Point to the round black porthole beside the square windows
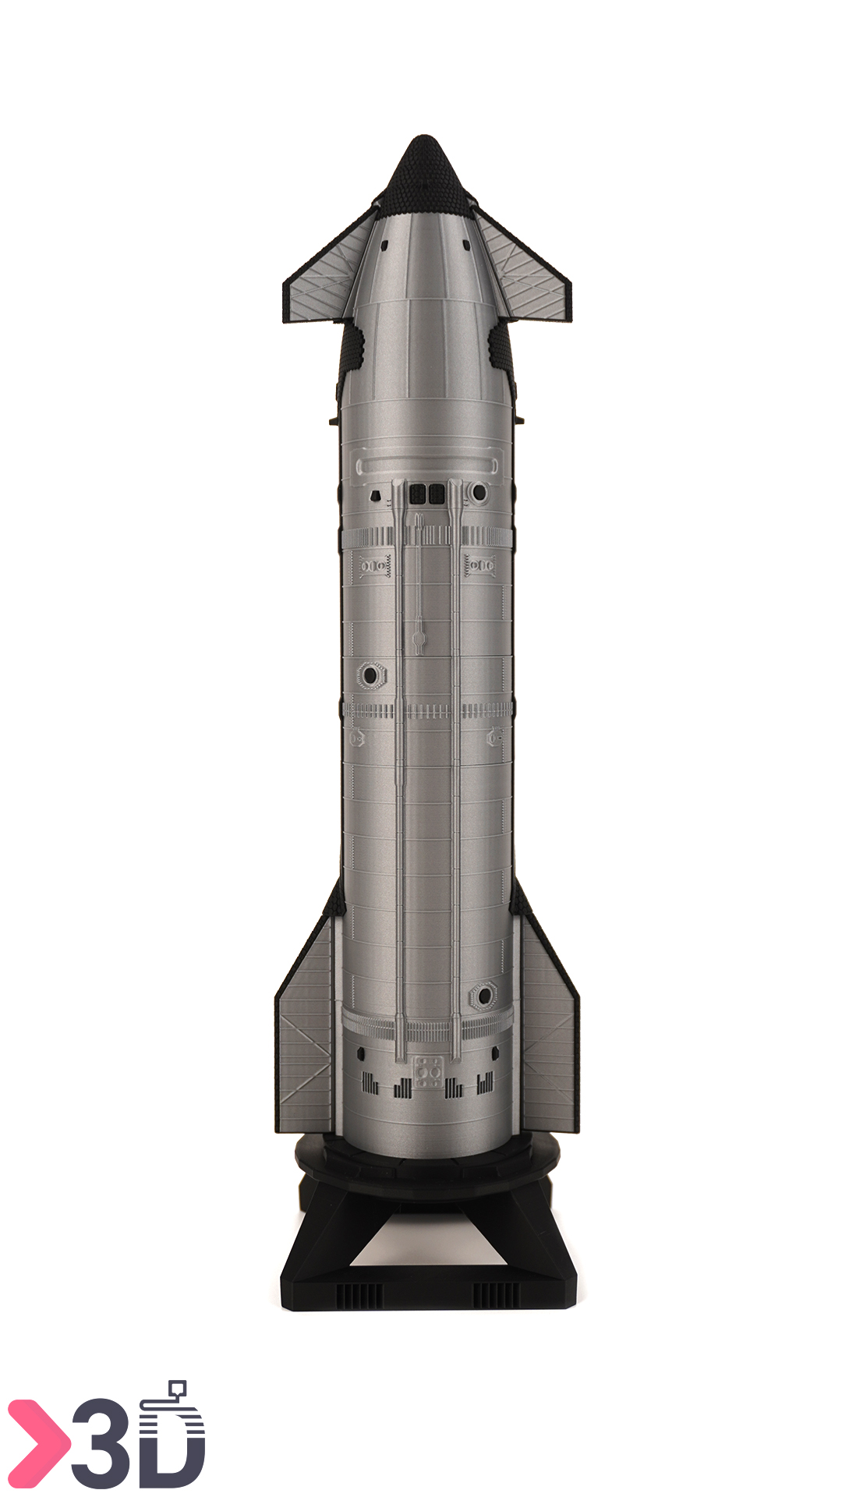pos(479,493)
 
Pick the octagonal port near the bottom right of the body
pos(483,996)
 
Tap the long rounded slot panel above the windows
pos(427,465)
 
